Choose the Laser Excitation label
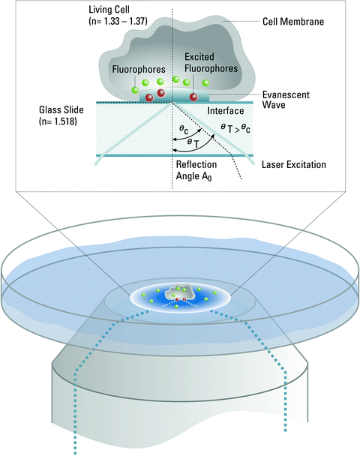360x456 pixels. [x=290, y=163]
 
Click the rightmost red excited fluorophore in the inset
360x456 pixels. [x=193, y=97]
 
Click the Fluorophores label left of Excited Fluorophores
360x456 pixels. [x=136, y=67]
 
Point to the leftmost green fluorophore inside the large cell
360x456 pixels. [x=136, y=91]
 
